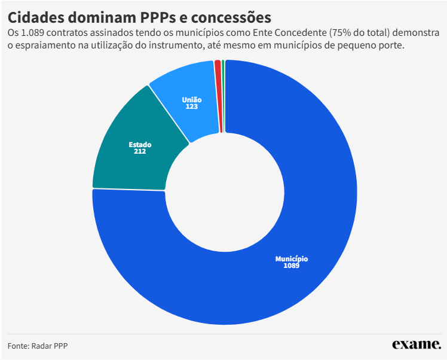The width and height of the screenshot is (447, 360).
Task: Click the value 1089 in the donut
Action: coord(292,266)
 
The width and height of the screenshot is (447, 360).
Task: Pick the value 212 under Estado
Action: coord(140,151)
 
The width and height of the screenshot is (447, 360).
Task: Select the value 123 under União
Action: coord(192,106)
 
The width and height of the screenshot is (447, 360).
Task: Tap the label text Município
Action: coord(292,259)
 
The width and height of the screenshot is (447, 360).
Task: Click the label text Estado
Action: coord(140,145)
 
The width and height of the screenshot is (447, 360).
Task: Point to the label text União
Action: coord(192,100)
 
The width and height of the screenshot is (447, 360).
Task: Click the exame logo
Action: coord(416,344)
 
